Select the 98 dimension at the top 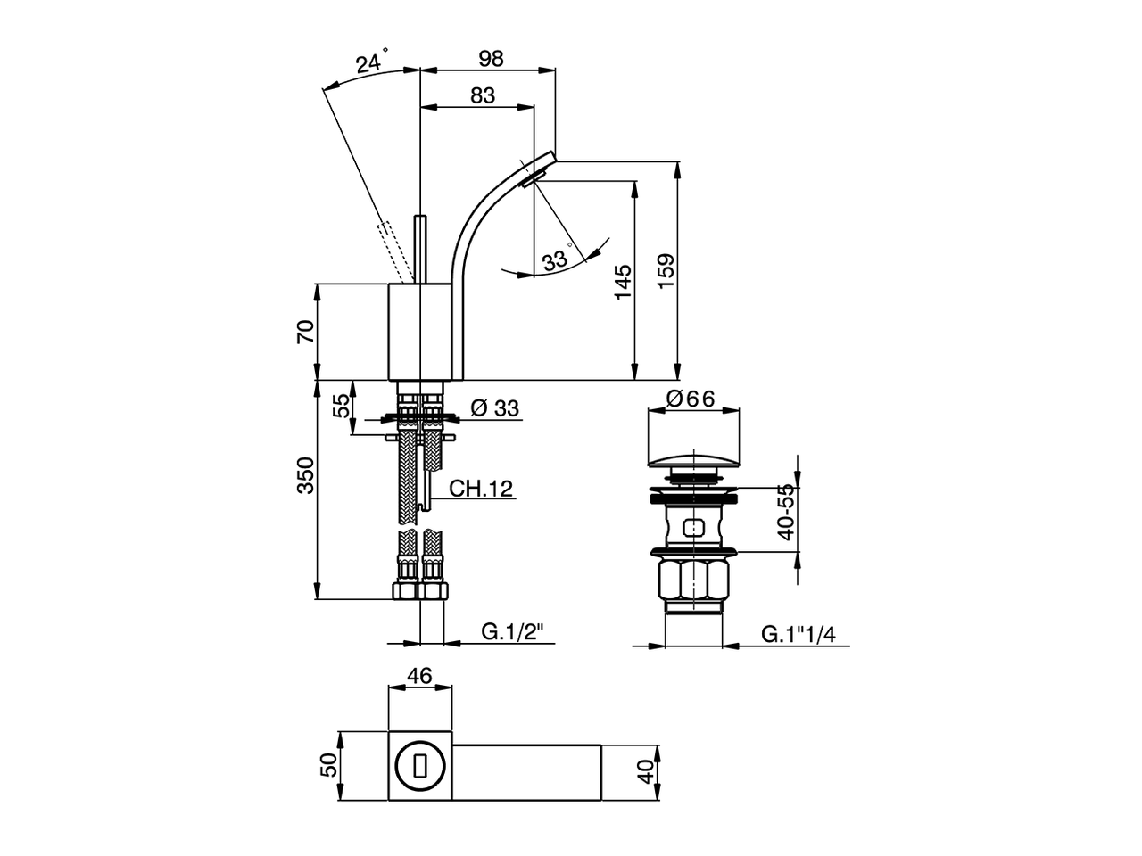pyautogui.click(x=491, y=59)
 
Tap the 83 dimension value pyautogui.click(x=482, y=95)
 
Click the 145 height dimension pyautogui.click(x=624, y=281)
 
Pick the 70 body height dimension pyautogui.click(x=305, y=332)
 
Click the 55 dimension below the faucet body pyautogui.click(x=342, y=407)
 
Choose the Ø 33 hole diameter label pyautogui.click(x=493, y=408)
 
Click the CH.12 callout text pyautogui.click(x=480, y=489)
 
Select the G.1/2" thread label pyautogui.click(x=513, y=632)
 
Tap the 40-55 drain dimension pyautogui.click(x=785, y=513)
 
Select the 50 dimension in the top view pyautogui.click(x=329, y=765)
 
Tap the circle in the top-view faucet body pyautogui.click(x=418, y=766)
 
